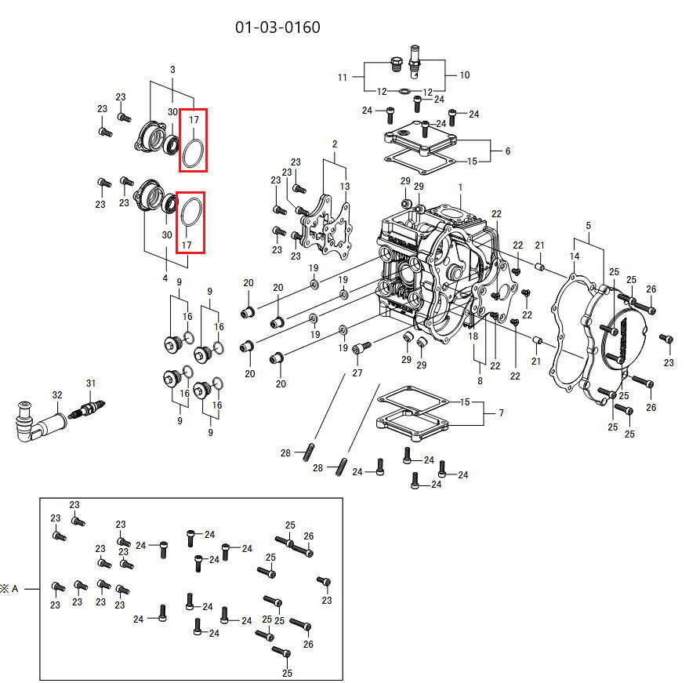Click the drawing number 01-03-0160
click(277, 27)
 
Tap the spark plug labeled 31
click(89, 407)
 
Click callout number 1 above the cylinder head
click(461, 187)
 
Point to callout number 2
click(335, 144)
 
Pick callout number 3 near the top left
click(172, 70)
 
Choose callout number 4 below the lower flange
click(165, 278)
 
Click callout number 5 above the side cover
click(588, 226)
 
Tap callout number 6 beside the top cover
click(507, 151)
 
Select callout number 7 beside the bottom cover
click(501, 412)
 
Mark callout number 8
click(480, 380)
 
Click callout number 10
click(465, 75)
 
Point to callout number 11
click(343, 77)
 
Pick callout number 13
click(345, 186)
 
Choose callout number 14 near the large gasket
click(575, 256)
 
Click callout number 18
click(473, 336)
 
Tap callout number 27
click(357, 372)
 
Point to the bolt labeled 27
click(361, 347)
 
